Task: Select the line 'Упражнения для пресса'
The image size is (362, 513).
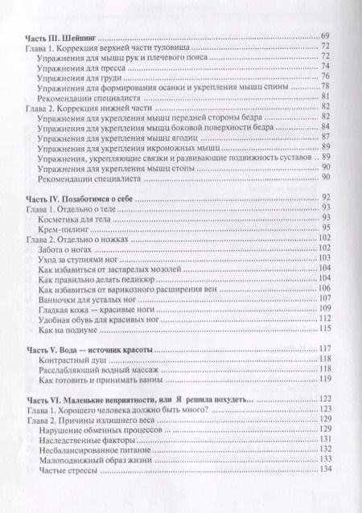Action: pos(80,70)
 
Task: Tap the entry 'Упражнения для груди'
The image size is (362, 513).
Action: pos(77,81)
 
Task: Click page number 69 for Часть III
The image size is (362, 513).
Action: pos(325,37)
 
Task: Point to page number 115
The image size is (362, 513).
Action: pos(325,327)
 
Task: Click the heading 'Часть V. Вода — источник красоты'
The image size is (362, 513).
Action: pos(90,351)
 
